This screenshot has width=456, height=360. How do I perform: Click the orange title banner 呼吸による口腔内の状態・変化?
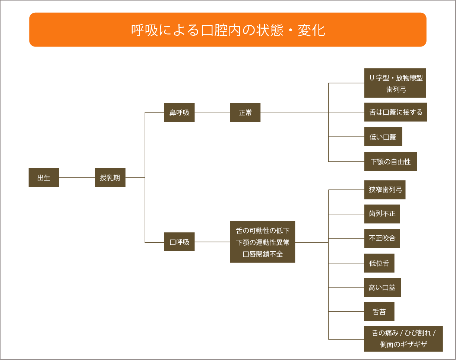point(228,30)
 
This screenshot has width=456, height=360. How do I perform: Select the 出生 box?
point(44,178)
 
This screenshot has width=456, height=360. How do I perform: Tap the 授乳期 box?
point(110,178)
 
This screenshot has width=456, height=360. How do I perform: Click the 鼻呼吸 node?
point(179,112)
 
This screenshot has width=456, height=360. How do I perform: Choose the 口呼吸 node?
point(179,242)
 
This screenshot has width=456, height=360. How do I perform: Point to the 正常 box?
point(245,112)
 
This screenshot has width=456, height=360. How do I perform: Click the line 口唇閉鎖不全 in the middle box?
point(263,254)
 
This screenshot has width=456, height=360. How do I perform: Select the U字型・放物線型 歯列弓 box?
point(395,83)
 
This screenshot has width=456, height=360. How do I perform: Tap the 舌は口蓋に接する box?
point(395,112)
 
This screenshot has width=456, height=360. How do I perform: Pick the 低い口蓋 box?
point(383,137)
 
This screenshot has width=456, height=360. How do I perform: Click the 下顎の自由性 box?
point(390,162)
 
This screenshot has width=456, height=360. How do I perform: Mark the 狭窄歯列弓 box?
point(384,190)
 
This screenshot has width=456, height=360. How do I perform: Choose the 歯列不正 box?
point(382,214)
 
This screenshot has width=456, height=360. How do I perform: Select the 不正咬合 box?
point(382,239)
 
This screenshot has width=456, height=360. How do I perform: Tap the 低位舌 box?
point(379,263)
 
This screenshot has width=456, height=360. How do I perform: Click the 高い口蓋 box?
point(382,287)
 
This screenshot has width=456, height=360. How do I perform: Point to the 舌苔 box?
point(379,312)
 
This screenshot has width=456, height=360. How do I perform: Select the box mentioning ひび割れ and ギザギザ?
point(403,339)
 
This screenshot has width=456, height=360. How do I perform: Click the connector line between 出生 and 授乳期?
point(77,178)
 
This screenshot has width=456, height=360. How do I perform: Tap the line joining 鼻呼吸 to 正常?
point(212,112)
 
